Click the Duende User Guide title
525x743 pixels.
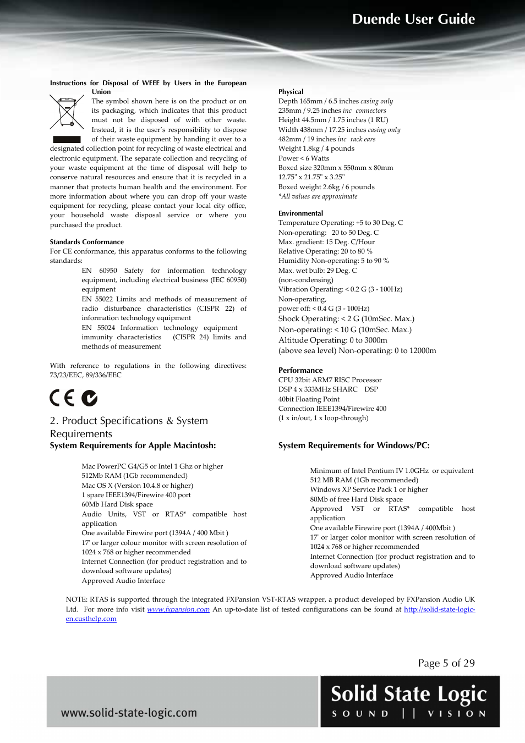(413, 19)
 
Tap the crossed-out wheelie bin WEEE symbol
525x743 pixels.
(67, 112)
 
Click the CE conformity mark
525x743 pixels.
(62, 398)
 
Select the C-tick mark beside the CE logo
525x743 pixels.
(89, 398)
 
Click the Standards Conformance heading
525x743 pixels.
(86, 242)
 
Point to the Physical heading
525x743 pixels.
(291, 92)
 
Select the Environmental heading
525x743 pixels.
(300, 213)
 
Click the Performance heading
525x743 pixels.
(300, 371)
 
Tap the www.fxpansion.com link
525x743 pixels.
(178, 609)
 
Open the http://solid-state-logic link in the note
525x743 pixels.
(439, 609)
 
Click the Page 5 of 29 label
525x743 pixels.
(446, 663)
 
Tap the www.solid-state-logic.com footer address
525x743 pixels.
(129, 713)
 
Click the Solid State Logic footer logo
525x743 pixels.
(409, 701)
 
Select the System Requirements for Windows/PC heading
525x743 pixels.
(354, 445)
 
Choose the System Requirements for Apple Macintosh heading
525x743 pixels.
(133, 445)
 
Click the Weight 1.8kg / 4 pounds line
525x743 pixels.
(316, 148)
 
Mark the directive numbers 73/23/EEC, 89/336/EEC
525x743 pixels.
(85, 375)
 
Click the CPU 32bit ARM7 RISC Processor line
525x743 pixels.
(330, 380)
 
